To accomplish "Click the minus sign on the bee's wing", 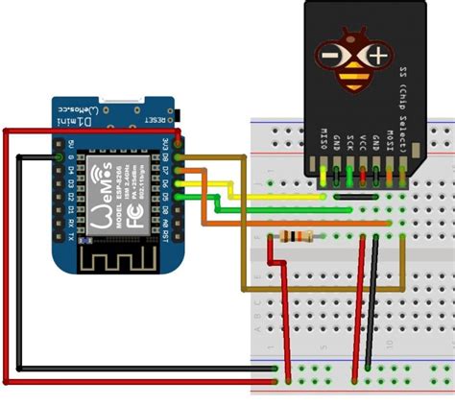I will [x=329, y=57].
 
